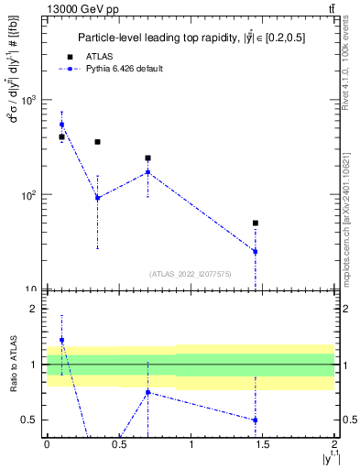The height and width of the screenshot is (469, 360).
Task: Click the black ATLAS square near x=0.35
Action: point(97,142)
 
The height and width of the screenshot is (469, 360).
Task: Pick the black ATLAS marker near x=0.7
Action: point(147,158)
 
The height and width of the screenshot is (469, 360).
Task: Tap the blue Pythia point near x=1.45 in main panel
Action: point(256,251)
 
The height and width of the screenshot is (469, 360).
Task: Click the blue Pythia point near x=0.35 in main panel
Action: point(97,197)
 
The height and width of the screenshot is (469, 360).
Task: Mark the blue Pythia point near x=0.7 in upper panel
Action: point(147,172)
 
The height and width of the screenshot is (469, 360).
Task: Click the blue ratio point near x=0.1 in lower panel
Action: point(61,340)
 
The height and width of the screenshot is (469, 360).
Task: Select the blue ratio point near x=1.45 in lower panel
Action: point(256,420)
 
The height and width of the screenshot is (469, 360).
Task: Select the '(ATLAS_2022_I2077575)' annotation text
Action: point(190,274)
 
